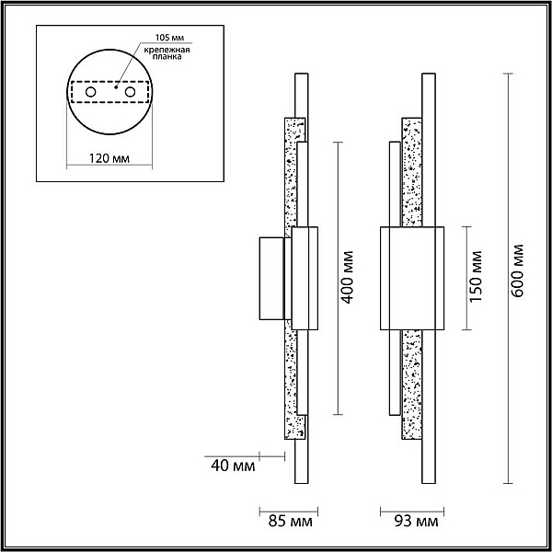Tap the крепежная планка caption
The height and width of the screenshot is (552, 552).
point(167,53)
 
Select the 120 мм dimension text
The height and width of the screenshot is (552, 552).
point(109,158)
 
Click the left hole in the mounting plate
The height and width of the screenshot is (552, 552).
point(90,92)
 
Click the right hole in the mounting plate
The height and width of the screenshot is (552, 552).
point(130,92)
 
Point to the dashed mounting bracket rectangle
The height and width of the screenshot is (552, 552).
point(109,81)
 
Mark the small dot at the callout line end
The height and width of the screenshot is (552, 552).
point(116,87)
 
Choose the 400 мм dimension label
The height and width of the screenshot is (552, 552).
point(348,277)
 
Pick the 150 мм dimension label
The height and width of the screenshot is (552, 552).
point(476,276)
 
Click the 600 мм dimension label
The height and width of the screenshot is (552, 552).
point(517,270)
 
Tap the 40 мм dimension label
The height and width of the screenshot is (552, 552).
point(233,466)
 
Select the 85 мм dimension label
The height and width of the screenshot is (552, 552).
point(290,522)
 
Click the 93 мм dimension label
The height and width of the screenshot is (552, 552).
point(417,522)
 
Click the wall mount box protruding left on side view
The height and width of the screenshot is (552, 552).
point(271,279)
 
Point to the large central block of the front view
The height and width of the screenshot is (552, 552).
point(412,278)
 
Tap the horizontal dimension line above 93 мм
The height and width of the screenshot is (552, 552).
point(412,512)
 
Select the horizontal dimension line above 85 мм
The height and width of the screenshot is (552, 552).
point(289,512)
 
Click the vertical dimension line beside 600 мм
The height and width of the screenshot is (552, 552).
point(508,279)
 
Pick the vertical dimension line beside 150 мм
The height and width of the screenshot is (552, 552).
point(466,278)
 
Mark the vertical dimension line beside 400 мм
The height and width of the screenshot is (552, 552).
point(338,279)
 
